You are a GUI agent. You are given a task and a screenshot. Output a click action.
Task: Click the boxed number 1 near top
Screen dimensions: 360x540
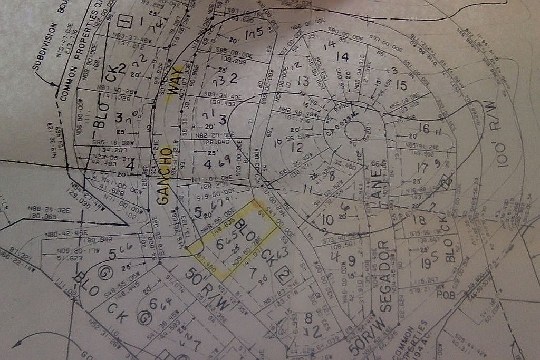(x=125, y=22)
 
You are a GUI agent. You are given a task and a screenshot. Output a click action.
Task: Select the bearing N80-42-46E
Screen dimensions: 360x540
(x=66, y=232)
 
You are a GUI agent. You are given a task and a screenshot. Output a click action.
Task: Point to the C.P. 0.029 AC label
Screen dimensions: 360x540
(x=342, y=121)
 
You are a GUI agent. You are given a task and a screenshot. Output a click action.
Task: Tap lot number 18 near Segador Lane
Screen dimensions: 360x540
(x=419, y=220)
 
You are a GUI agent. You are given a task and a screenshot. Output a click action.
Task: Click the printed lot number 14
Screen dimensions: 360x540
(x=343, y=56)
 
